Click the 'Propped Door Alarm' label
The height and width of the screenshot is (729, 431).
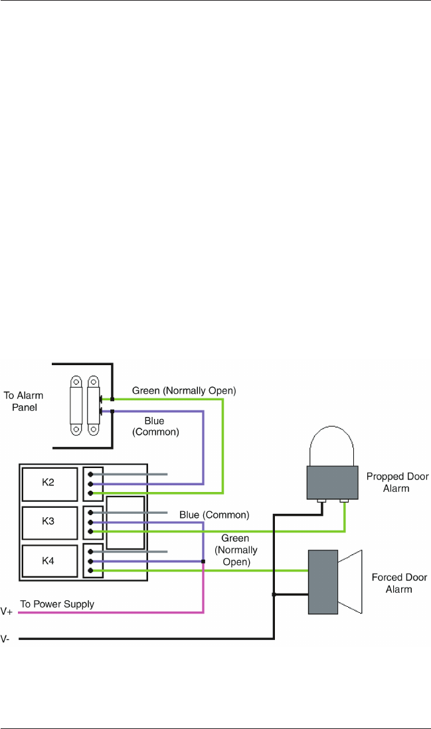(x=397, y=482)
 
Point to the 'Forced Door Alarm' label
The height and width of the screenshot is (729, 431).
(x=399, y=583)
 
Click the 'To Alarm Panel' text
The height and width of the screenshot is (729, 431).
(x=23, y=401)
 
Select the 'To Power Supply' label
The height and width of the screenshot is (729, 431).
(x=57, y=604)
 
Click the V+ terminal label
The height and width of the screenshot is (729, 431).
(x=7, y=611)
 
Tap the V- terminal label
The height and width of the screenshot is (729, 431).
(x=5, y=639)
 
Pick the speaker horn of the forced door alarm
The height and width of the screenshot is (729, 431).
(x=349, y=582)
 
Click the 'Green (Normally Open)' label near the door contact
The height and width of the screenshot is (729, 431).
(x=184, y=390)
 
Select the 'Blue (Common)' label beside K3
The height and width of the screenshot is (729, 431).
(x=214, y=515)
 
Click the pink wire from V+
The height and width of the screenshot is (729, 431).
(x=111, y=612)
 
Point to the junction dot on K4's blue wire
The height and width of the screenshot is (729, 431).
(x=203, y=562)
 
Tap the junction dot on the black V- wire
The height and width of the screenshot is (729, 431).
(x=274, y=594)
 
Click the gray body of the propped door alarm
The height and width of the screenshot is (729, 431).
(x=333, y=482)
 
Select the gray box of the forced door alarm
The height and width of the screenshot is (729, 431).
(x=323, y=582)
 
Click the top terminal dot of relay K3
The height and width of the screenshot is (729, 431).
(x=90, y=513)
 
